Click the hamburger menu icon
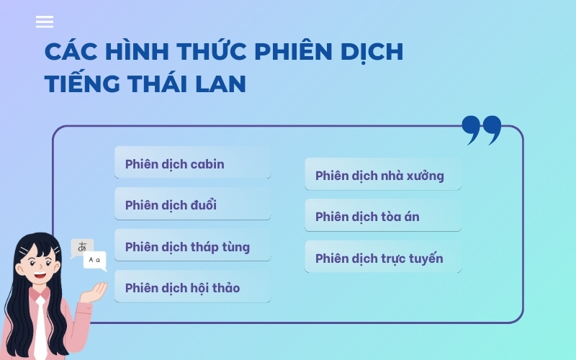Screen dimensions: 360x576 pos(45,22)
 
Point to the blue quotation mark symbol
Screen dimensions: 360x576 pos(481,130)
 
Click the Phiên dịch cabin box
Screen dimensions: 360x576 pos(192,163)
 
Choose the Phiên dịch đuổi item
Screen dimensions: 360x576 pos(192,205)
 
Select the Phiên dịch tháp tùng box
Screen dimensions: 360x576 pos(192,247)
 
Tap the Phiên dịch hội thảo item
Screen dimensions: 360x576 pos(192,288)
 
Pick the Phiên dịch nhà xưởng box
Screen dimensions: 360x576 pos(382,175)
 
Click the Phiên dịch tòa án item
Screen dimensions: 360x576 pos(382,217)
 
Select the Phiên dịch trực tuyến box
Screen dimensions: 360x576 pos(382,258)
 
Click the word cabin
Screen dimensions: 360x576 pos(207,164)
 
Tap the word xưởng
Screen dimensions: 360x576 pos(425,176)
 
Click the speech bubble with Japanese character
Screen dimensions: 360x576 pos(81,247)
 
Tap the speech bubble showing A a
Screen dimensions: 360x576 pos(95,259)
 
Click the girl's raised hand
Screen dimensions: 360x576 pos(95,290)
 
